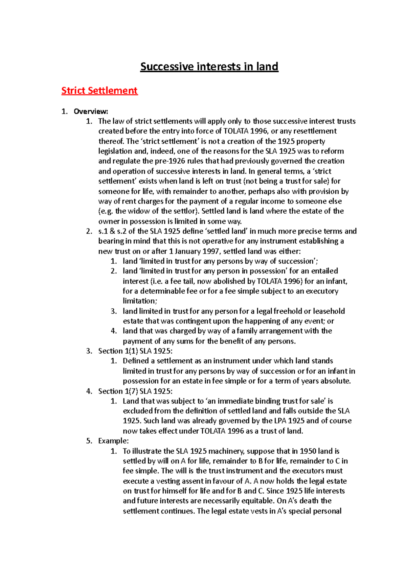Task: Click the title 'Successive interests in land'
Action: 209,67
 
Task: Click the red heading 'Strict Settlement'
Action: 99,91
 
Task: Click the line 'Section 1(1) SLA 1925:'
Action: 135,351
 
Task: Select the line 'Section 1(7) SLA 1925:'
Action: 135,391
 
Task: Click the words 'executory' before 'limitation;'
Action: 322,291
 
